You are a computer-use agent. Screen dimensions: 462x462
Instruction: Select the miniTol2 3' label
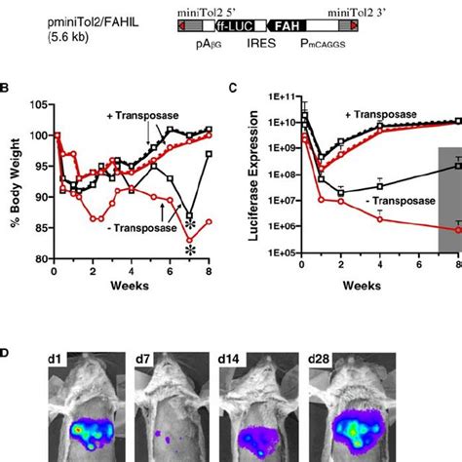click(x=357, y=9)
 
